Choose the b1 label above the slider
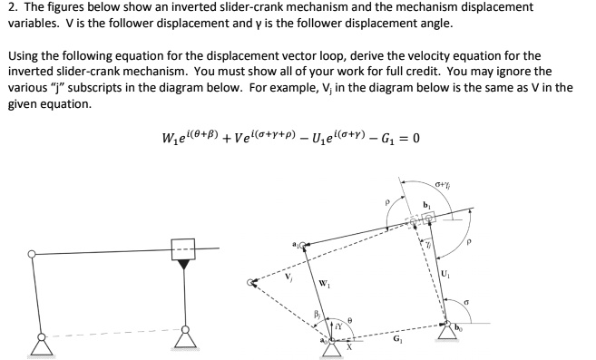click(428, 206)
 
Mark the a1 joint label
click(297, 243)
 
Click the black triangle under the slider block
click(186, 264)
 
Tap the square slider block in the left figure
click(186, 248)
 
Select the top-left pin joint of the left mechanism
click(34, 253)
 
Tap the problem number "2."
click(12, 7)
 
